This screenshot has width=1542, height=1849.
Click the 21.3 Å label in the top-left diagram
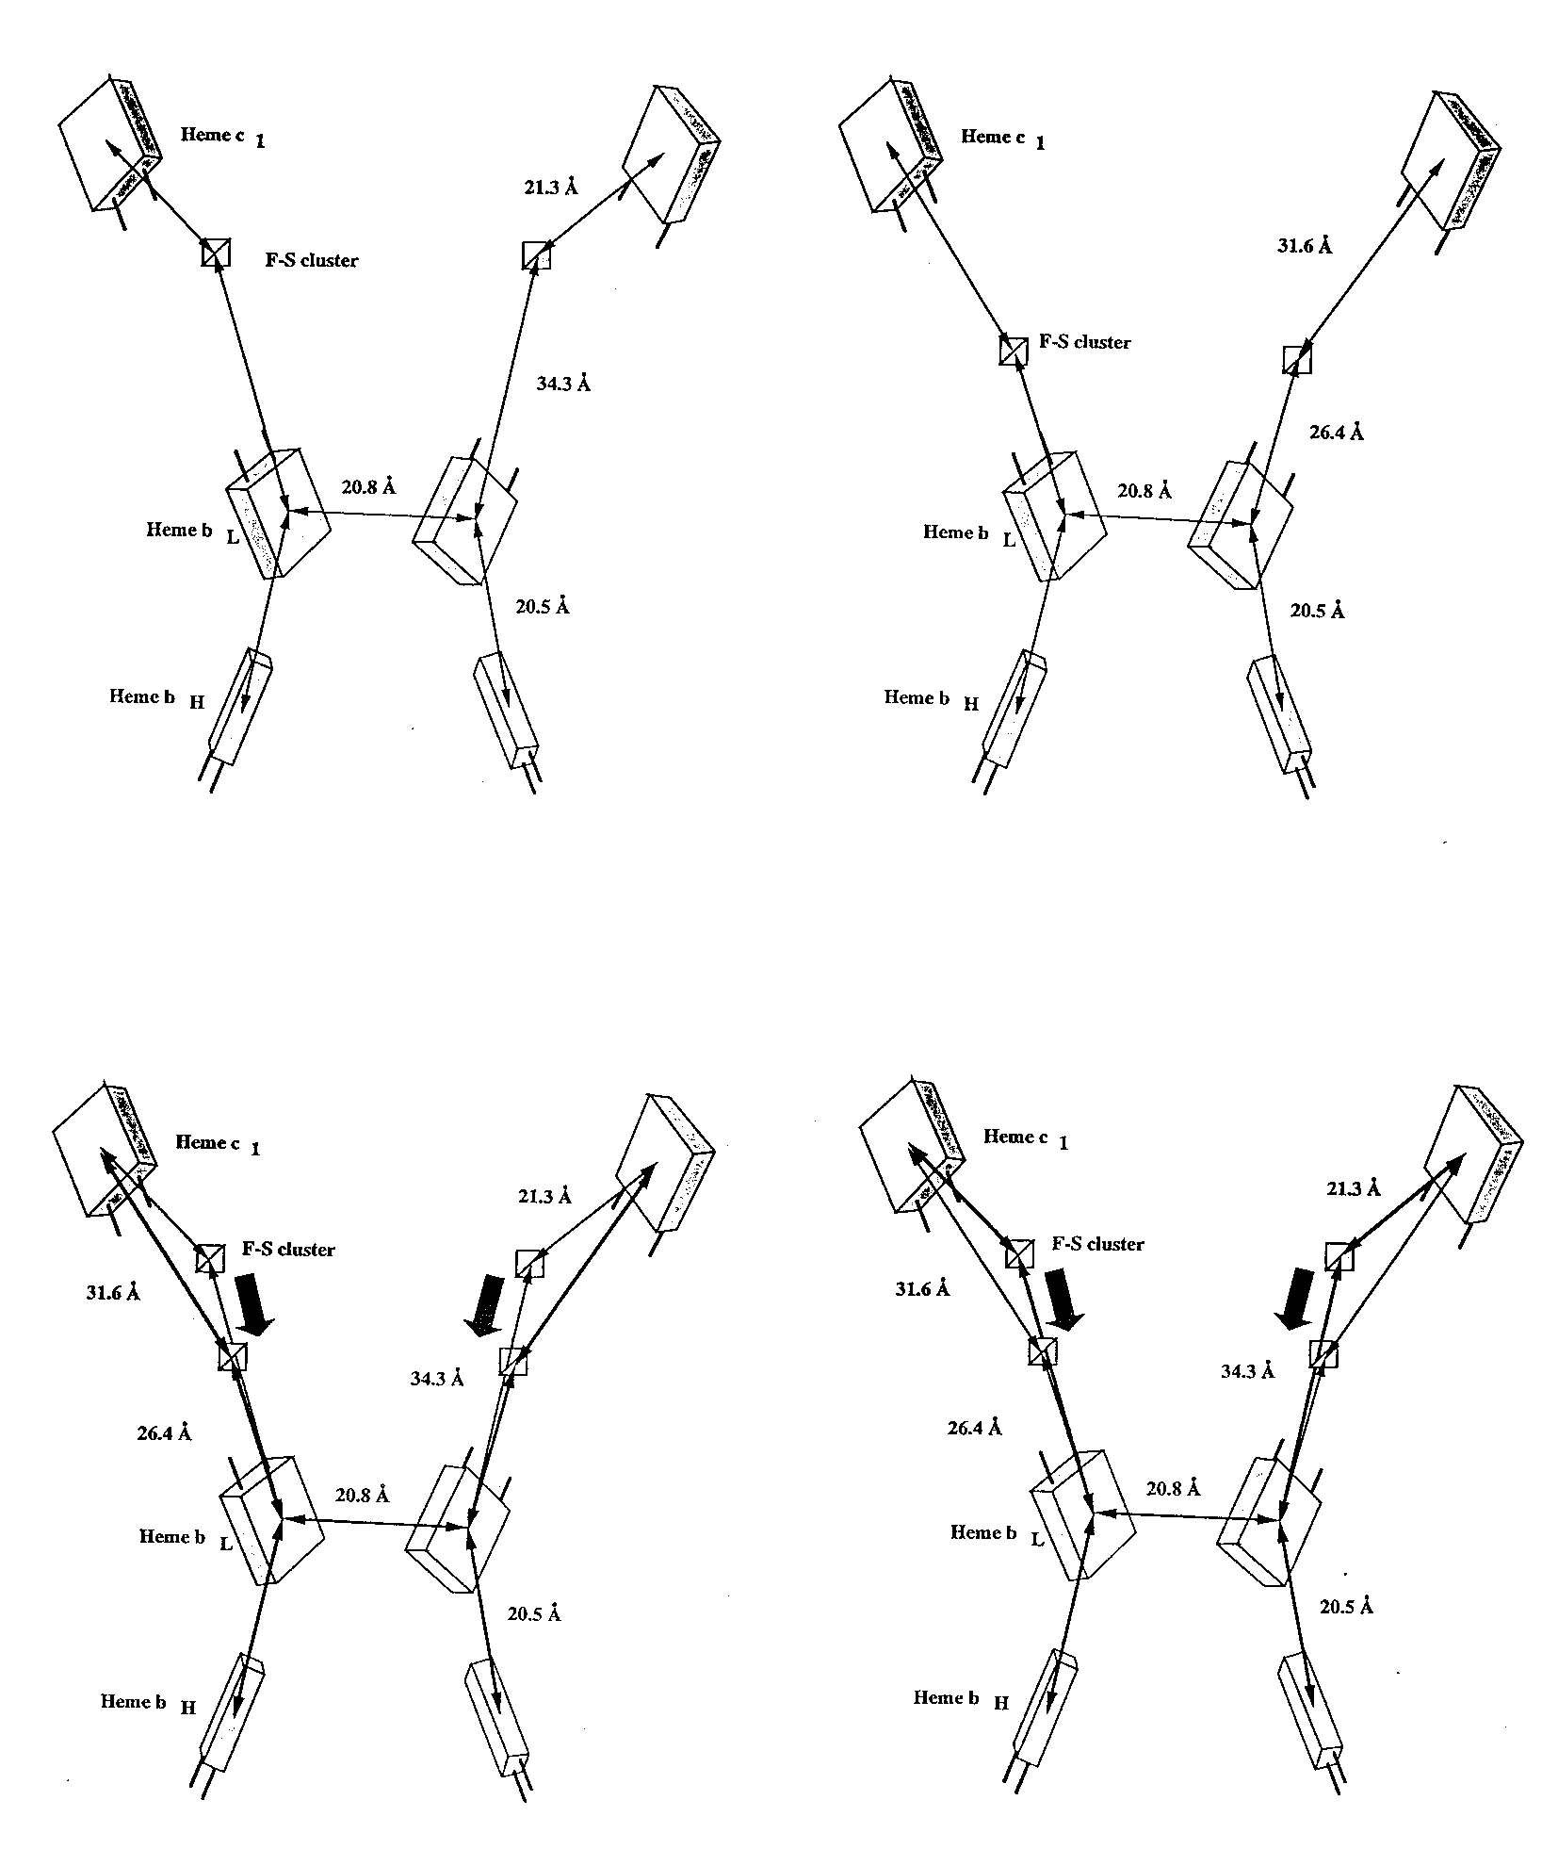[x=551, y=188]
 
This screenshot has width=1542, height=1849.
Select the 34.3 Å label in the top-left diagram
[x=564, y=384]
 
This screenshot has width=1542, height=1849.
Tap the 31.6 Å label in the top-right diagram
[x=1306, y=246]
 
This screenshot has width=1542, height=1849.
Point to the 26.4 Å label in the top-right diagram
[x=1337, y=433]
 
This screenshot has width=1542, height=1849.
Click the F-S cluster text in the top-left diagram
[x=312, y=260]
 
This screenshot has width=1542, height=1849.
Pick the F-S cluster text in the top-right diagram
[x=1084, y=342]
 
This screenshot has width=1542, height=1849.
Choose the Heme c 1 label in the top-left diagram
[x=222, y=137]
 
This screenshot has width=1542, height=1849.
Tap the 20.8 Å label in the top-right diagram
[x=1144, y=491]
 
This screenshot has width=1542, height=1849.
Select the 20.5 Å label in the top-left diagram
[x=543, y=607]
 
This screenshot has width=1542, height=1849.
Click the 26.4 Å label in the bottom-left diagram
[x=165, y=1433]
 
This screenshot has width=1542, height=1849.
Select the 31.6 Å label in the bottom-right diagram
[x=921, y=1289]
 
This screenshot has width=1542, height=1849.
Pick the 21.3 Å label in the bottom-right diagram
[x=1354, y=1189]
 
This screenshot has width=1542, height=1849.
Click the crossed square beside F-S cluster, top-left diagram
[x=216, y=253]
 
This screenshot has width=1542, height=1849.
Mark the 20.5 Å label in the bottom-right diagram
[x=1346, y=1608]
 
